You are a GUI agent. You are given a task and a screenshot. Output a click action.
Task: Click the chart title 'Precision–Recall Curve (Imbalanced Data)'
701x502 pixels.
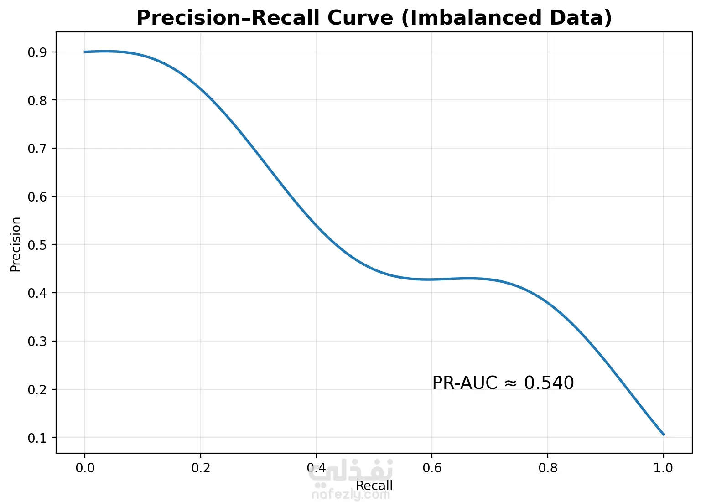[x=374, y=18]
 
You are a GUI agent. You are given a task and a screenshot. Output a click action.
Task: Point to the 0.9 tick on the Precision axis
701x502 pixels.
[x=37, y=52]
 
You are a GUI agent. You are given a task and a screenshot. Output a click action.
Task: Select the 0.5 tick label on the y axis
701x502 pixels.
[x=37, y=245]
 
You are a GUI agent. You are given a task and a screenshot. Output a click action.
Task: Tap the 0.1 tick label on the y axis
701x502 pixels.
[x=37, y=438]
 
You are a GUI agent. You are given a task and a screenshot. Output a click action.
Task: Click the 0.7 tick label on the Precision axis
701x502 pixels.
[x=37, y=149]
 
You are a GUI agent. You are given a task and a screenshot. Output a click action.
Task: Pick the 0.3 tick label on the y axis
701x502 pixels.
[x=37, y=342]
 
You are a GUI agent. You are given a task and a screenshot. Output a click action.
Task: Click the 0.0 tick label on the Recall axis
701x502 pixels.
[x=84, y=468]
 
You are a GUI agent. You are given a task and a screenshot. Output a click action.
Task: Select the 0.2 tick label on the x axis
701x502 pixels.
[x=200, y=468]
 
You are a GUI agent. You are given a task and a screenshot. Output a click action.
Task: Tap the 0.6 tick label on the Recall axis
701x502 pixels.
[x=432, y=468]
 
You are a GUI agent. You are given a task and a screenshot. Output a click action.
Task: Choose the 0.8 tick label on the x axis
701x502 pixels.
[x=548, y=468]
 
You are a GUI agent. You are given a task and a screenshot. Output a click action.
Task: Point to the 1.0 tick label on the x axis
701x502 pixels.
[x=664, y=468]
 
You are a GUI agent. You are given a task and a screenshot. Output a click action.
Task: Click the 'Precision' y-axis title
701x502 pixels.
[x=16, y=244]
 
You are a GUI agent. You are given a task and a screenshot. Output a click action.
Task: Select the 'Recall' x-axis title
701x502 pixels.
[x=374, y=486]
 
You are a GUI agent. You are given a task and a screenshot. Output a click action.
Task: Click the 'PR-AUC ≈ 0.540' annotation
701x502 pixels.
[x=503, y=383]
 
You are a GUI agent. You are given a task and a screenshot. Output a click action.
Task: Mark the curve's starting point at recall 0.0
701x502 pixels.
[x=85, y=52]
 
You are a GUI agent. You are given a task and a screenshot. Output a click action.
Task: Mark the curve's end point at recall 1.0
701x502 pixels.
[x=664, y=435]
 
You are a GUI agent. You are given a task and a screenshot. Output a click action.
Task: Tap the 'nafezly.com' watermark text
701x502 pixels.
[x=351, y=495]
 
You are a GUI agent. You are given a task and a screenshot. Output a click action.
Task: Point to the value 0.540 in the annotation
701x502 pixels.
[x=549, y=383]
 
